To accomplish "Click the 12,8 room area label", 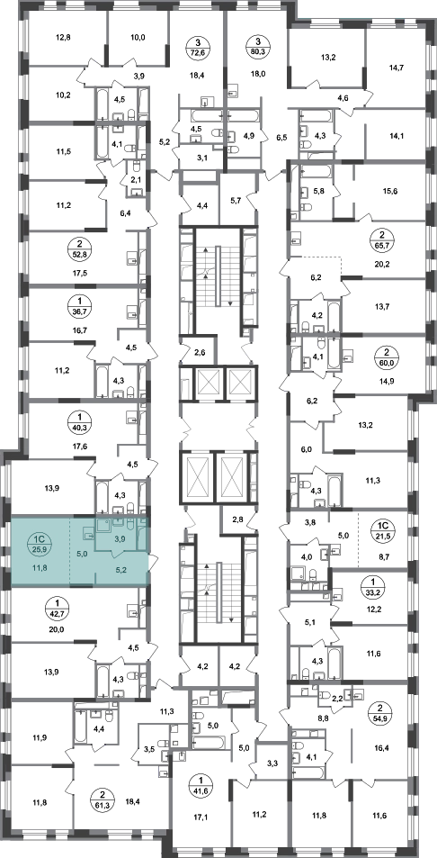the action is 64,38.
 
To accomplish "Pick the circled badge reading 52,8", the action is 76,248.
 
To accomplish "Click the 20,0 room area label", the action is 57,628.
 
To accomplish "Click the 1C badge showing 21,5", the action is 380,530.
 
